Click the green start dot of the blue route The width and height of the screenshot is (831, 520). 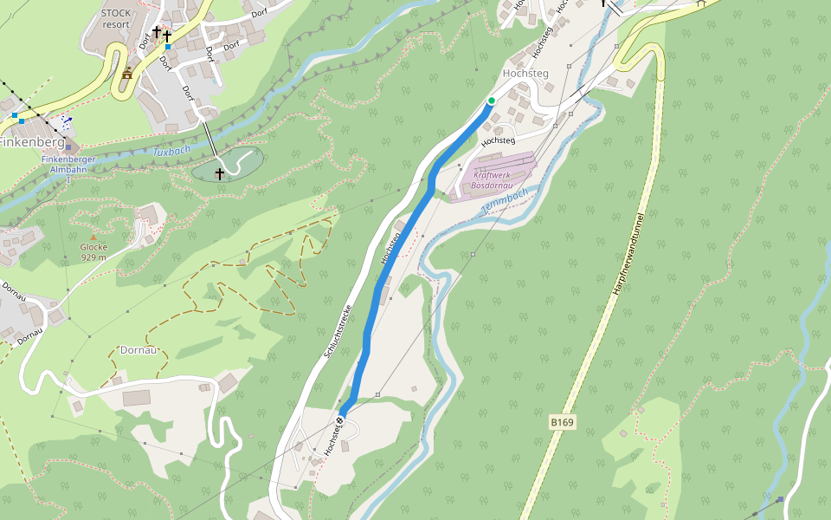[491, 101]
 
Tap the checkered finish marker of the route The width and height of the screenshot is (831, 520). [340, 420]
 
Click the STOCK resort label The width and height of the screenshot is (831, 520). [115, 18]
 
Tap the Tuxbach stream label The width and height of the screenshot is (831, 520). [171, 152]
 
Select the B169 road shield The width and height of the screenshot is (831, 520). [562, 422]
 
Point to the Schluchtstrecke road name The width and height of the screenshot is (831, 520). [337, 322]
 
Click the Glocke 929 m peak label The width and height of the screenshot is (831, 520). [93, 251]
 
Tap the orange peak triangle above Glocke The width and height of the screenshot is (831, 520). [93, 237]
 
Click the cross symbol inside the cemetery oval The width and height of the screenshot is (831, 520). [220, 174]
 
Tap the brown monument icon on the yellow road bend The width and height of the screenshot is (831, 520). [127, 74]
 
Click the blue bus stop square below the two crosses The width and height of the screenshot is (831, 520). [168, 47]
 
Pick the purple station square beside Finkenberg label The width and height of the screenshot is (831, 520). [68, 148]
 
